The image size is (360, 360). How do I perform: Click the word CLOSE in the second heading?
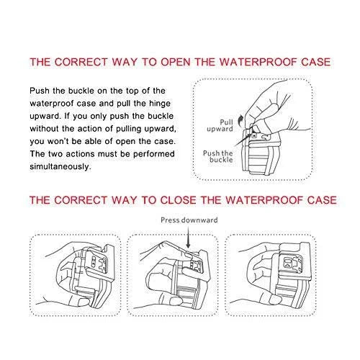click(179, 200)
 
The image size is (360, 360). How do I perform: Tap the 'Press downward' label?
click(189, 220)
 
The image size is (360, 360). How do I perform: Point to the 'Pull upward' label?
click(220, 125)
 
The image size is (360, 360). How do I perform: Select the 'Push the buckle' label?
click(218, 156)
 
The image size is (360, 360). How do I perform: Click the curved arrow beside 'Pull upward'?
click(240, 120)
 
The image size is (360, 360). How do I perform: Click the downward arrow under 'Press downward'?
click(189, 237)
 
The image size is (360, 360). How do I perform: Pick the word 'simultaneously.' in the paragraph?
click(60, 166)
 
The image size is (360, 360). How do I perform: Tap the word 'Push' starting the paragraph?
click(40, 91)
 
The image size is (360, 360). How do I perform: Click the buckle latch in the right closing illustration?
click(289, 263)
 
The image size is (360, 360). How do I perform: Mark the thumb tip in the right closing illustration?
click(274, 299)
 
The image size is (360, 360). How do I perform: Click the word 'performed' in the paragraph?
click(154, 154)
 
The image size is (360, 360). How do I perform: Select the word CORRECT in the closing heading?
click(81, 200)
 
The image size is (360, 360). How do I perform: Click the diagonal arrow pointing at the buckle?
click(243, 139)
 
